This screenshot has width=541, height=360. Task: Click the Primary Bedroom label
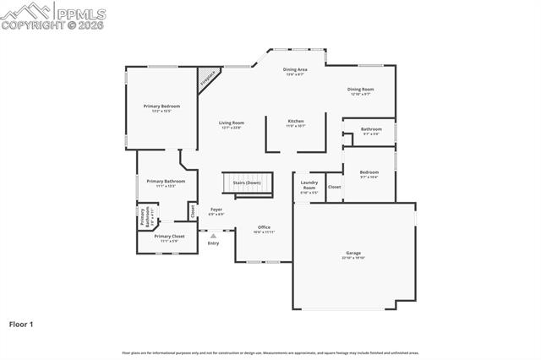pyautogui.click(x=161, y=106)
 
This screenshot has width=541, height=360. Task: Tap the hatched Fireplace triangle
pyautogui.click(x=205, y=80)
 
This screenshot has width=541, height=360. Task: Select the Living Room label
pyautogui.click(x=231, y=123)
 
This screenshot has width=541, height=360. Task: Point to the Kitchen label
pyautogui.click(x=296, y=122)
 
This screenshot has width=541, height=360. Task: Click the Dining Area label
pyautogui.click(x=294, y=70)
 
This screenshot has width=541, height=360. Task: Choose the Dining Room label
pyautogui.click(x=361, y=90)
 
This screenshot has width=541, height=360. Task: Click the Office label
pyautogui.click(x=264, y=227)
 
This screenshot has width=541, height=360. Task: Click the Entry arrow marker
pyautogui.click(x=213, y=236)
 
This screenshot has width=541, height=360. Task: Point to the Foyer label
pyautogui.click(x=216, y=210)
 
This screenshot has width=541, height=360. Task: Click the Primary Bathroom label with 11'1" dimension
pyautogui.click(x=166, y=182)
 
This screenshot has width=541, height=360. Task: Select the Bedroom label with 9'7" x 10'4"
pyautogui.click(x=369, y=172)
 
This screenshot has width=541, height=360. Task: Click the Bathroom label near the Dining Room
pyautogui.click(x=371, y=130)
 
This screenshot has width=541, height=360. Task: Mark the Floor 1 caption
pyautogui.click(x=21, y=324)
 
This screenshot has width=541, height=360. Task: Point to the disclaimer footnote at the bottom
pyautogui.click(x=270, y=352)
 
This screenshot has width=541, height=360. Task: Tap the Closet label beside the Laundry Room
pyautogui.click(x=335, y=187)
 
